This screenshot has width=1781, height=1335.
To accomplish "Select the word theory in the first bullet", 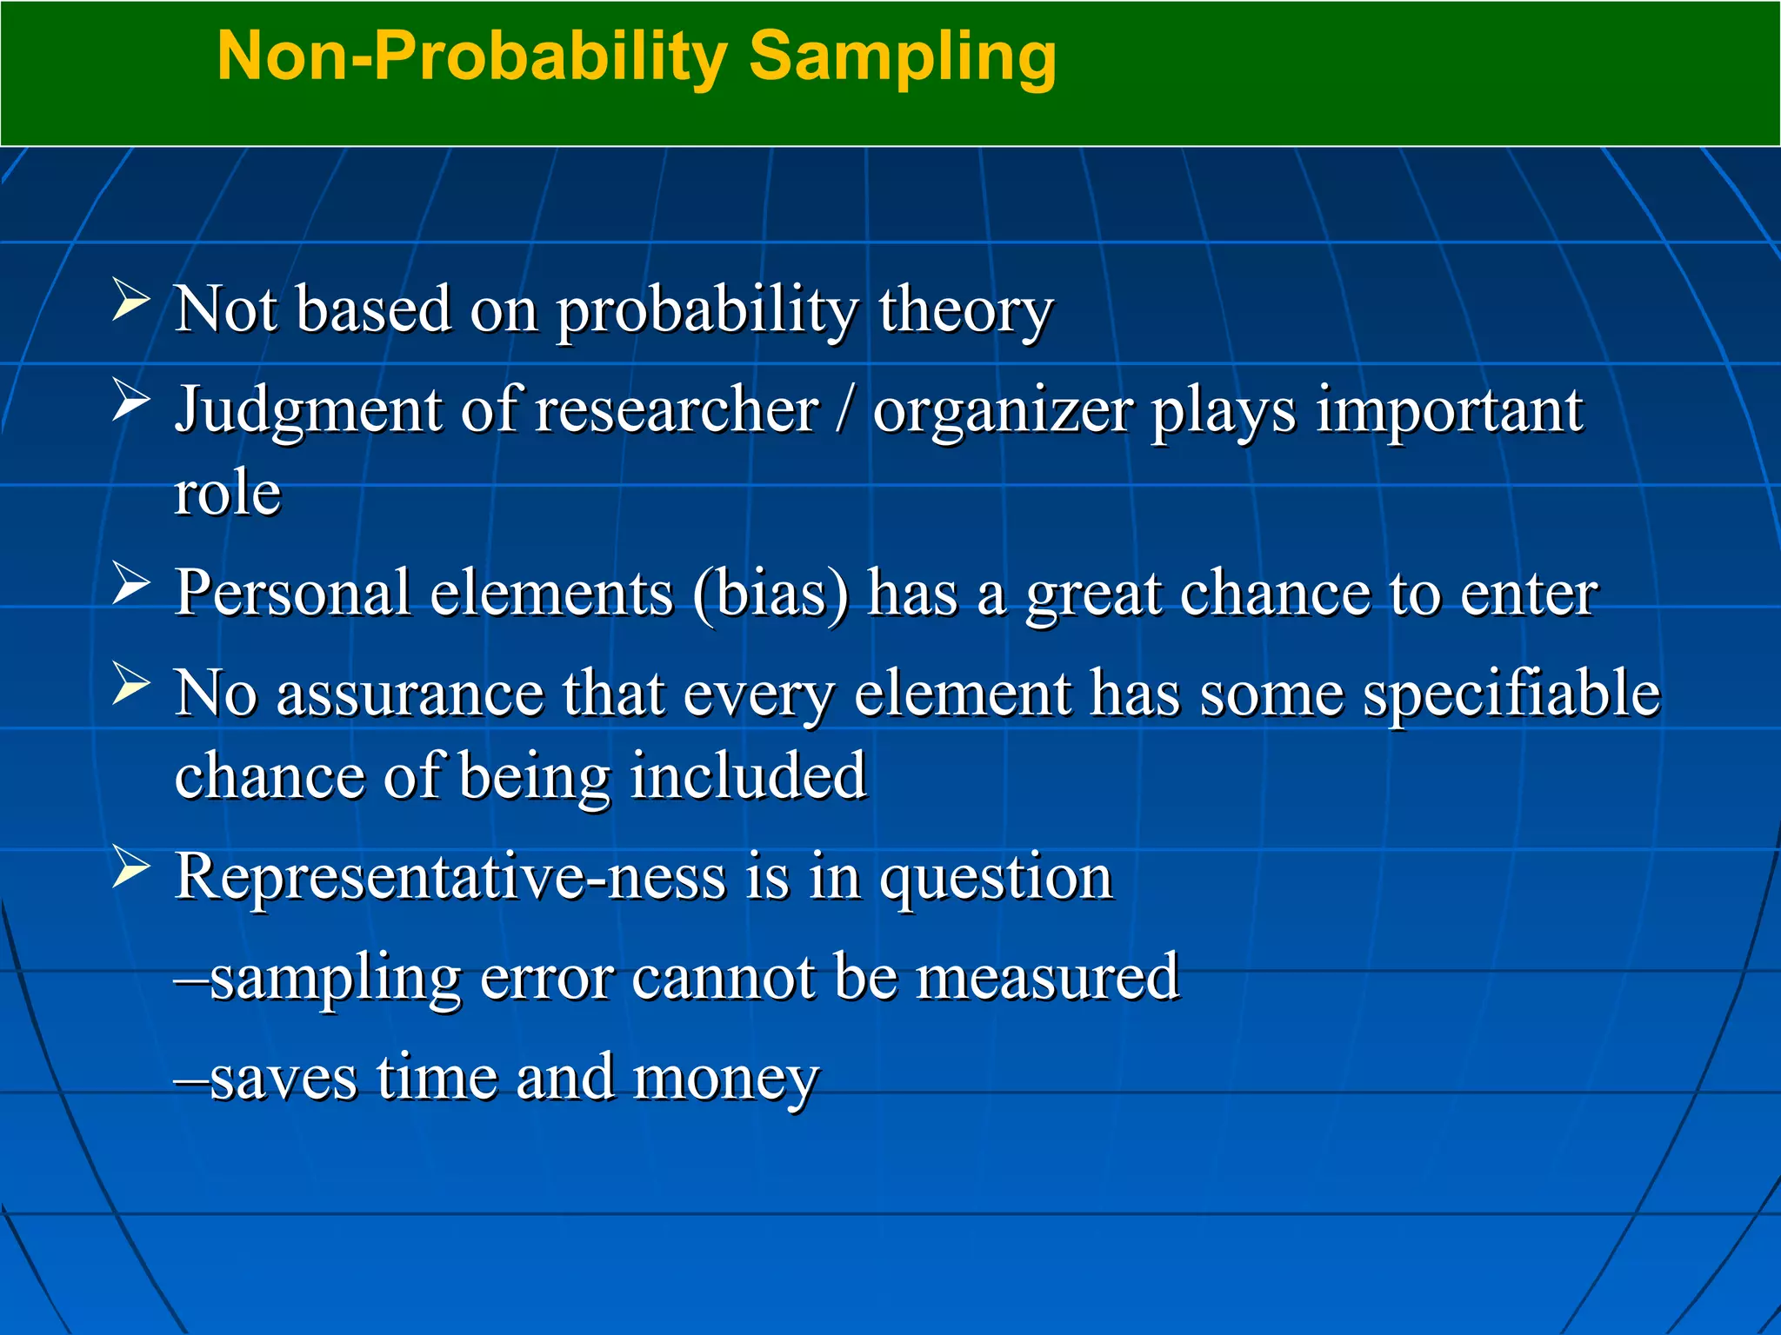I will pos(965,310).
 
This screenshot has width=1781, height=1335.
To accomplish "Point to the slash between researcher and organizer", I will pos(842,410).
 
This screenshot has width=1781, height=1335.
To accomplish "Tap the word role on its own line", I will pos(228,493).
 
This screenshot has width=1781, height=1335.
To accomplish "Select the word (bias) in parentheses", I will pos(770,594).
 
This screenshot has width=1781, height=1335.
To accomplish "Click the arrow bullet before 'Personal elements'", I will pos(131,583).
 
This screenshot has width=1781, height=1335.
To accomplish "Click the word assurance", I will pos(410,694).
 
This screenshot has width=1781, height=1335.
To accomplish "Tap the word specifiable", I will pos(1511,694).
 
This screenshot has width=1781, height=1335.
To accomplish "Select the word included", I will pos(748,775).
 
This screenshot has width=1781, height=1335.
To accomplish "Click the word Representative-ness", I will pos(450,877).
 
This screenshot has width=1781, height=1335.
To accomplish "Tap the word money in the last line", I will pos(726,1079).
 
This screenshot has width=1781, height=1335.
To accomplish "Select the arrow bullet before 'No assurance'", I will pos(131,684).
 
